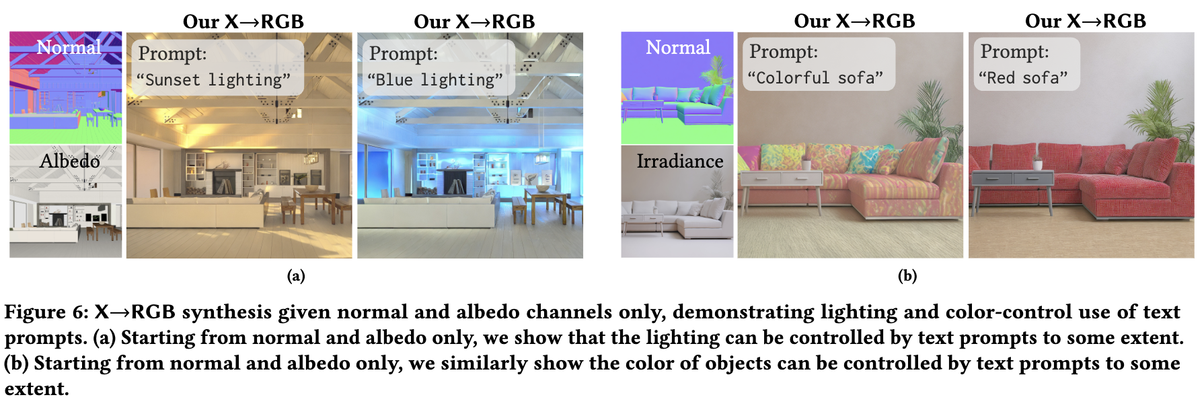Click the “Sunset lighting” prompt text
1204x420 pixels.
click(213, 80)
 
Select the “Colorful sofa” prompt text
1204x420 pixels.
click(815, 78)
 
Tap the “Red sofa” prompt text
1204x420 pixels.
click(1023, 78)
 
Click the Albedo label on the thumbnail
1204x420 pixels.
click(69, 162)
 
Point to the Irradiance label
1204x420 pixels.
click(679, 162)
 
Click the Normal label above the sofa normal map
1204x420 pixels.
click(677, 48)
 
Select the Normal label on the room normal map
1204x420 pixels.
click(69, 48)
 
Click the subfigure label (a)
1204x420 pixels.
click(296, 275)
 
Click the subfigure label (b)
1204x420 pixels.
click(907, 275)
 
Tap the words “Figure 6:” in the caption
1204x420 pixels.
click(46, 312)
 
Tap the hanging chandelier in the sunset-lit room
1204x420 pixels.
click(311, 157)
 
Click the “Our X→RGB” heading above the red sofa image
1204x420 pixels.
click(1085, 21)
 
